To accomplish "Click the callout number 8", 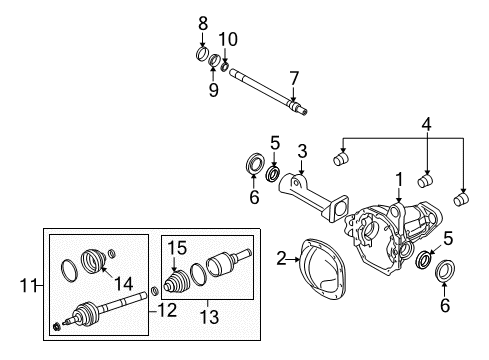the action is pyautogui.click(x=203, y=23).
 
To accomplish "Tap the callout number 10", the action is pyautogui.click(x=228, y=39).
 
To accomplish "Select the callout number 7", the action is pyautogui.click(x=294, y=79).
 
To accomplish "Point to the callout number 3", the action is pyautogui.click(x=302, y=151).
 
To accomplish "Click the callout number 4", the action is pyautogui.click(x=426, y=124).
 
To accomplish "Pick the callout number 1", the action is pyautogui.click(x=399, y=179).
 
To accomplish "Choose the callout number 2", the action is pyautogui.click(x=282, y=258).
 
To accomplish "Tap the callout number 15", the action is pyautogui.click(x=177, y=248).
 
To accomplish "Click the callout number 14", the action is pyautogui.click(x=124, y=284).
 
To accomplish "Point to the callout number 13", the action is pyautogui.click(x=209, y=316).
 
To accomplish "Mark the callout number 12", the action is pyautogui.click(x=167, y=311).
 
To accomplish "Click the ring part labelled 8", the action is pyautogui.click(x=202, y=55).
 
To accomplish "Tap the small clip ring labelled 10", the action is pyautogui.click(x=225, y=66).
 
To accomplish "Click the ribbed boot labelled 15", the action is pyautogui.click(x=177, y=283).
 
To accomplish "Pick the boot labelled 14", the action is pyautogui.click(x=93, y=261).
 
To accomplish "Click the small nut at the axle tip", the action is pyautogui.click(x=57, y=326).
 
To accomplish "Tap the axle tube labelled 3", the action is pyautogui.click(x=313, y=198).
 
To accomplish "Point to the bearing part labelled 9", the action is pyautogui.click(x=214, y=60).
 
